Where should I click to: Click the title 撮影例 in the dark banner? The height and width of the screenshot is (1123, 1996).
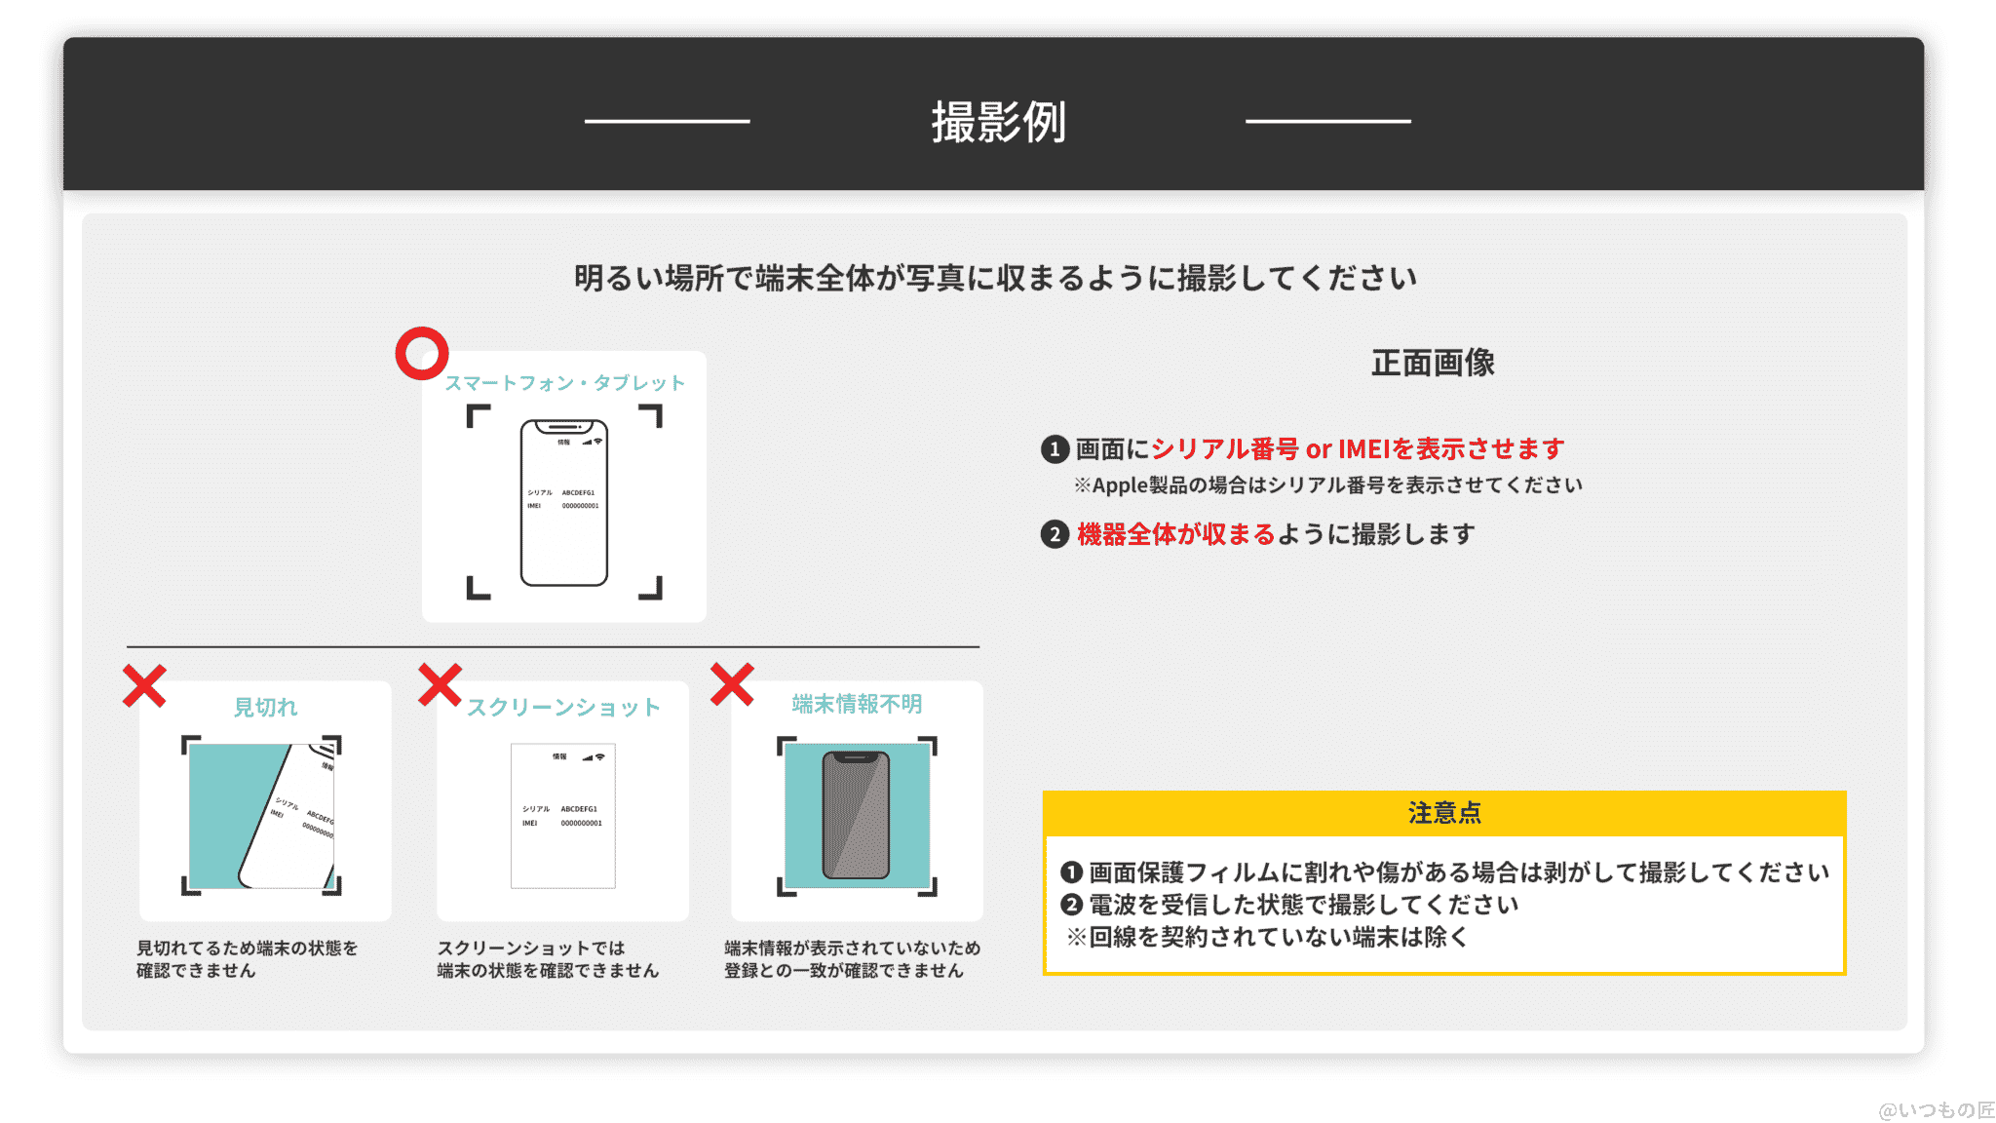(998, 123)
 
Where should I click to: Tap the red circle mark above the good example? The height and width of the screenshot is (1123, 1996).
(421, 353)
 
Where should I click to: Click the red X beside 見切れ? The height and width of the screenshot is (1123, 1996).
(144, 685)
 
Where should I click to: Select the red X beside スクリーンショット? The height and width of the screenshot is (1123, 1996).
(440, 684)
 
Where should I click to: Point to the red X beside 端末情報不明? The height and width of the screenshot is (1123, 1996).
(732, 684)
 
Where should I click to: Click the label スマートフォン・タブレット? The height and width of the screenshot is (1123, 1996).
(564, 383)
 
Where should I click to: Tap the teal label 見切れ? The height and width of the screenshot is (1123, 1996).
(265, 707)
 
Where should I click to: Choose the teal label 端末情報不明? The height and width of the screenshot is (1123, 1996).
(857, 704)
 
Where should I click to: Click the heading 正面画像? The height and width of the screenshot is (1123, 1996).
(1433, 363)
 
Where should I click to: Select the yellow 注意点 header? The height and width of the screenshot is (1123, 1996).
(1444, 813)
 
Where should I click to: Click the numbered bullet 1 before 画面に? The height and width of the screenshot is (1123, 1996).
(1055, 449)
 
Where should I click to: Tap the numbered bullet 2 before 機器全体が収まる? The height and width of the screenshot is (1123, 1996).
(1055, 534)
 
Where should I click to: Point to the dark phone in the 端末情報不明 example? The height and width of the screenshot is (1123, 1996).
(856, 815)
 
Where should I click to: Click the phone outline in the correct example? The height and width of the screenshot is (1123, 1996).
(564, 503)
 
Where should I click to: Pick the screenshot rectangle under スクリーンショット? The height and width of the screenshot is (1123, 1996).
(563, 816)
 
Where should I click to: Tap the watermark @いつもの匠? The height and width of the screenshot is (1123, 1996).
(1936, 1109)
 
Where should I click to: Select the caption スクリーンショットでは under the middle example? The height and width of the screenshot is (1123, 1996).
(532, 948)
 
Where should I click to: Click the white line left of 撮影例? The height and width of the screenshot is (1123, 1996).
(668, 121)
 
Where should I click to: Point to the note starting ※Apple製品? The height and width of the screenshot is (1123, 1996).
(1327, 485)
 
